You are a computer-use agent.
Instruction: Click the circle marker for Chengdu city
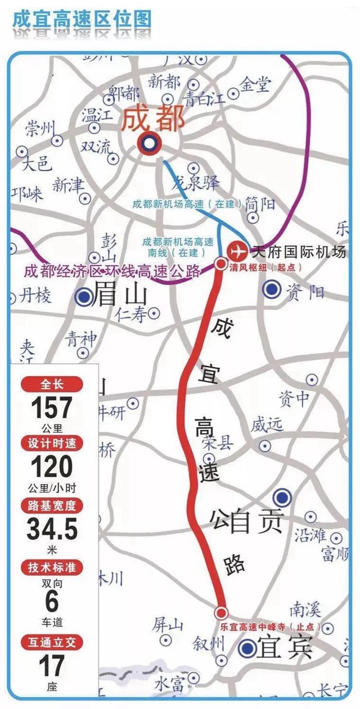point(150,144)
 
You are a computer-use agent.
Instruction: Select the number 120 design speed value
point(52,467)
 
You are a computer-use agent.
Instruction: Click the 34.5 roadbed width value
point(52,528)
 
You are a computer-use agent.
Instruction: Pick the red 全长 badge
point(52,385)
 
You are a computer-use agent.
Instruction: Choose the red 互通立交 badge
point(52,642)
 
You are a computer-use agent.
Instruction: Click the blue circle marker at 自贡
point(282,497)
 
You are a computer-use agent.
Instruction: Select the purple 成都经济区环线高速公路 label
point(112,272)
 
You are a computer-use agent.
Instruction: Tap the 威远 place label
point(267,426)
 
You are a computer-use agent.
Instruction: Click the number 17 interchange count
point(52,667)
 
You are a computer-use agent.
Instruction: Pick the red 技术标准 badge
point(52,567)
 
